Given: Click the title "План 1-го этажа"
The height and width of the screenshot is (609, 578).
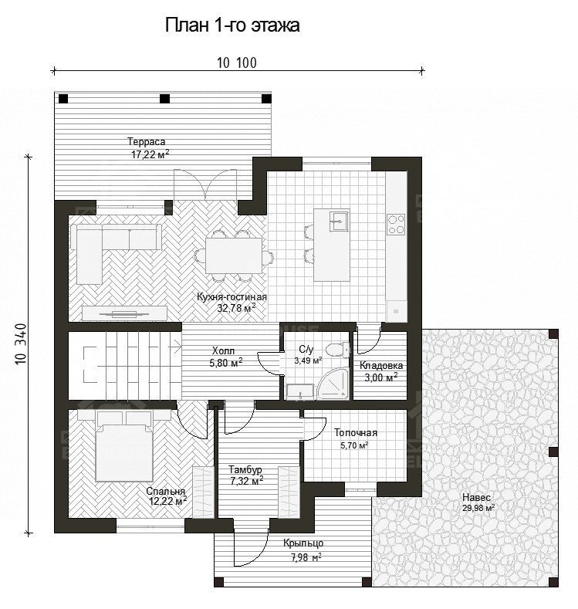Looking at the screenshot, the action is [x=232, y=25].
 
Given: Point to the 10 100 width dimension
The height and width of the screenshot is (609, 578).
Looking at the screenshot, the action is [x=237, y=63].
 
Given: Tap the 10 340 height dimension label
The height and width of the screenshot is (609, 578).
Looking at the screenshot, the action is [x=22, y=344].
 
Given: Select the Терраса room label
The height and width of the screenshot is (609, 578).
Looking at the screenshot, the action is [x=147, y=142].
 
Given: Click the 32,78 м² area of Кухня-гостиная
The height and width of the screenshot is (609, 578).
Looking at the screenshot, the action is [x=236, y=309].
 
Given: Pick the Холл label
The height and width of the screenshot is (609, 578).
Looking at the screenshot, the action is [x=223, y=350].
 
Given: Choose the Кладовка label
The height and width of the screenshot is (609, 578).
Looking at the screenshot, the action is [x=380, y=366].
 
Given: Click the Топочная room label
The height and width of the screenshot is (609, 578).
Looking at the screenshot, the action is [x=356, y=433].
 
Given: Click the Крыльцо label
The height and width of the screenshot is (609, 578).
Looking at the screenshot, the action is [x=303, y=543].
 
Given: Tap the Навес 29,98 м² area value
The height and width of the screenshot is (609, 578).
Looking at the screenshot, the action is [x=478, y=508].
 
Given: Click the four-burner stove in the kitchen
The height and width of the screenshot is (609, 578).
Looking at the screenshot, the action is [x=396, y=225].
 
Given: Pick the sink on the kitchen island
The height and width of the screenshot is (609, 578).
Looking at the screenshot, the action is [x=339, y=221].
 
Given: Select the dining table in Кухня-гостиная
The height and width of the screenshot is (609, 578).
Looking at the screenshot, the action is [x=234, y=256].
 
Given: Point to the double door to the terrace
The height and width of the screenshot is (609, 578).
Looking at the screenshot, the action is [x=205, y=185].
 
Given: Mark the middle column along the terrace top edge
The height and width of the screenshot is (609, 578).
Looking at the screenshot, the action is [x=165, y=99].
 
